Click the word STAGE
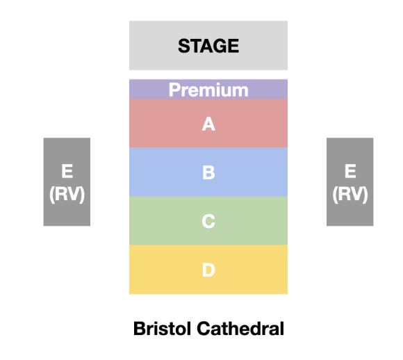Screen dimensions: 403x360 pos(208,46)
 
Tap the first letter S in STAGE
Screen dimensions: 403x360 pos(183,46)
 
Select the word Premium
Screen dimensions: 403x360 pos(208,90)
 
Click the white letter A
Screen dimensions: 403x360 pos(208,124)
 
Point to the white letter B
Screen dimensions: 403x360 pos(208,172)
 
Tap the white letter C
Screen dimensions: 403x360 pos(208,221)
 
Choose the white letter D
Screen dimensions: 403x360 pos(208,270)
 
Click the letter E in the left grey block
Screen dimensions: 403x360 pos(67,171)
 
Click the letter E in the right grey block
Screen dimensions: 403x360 pos(350,171)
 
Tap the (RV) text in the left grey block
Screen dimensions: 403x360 pos(67,195)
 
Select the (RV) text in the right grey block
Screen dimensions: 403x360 pos(350,195)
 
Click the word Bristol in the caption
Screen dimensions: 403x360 pos(163,328)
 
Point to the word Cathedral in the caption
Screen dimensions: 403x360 pos(240,328)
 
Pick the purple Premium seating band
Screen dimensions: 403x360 pos(208,89)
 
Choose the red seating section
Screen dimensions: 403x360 pos(208,124)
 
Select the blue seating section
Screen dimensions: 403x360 pos(208,172)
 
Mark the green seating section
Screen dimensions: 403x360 pos(208,220)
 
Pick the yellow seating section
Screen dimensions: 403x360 pos(208,270)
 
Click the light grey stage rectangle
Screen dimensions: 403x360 pos(208,45)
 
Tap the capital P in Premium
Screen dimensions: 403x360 pos(174,90)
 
